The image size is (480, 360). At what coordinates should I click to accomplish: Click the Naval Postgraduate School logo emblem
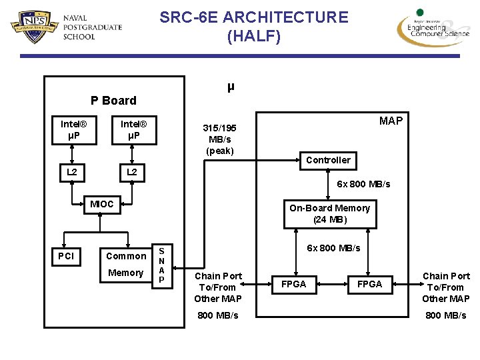pos(33,27)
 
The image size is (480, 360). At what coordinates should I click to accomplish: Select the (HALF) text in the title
pos(254,36)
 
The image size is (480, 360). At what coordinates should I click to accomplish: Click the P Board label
pos(113,101)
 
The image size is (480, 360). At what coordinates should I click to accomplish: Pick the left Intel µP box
pos(74,130)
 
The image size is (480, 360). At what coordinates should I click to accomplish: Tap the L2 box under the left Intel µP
pos(72,173)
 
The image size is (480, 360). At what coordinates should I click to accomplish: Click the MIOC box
pos(102,204)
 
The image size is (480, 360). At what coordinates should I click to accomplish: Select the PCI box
pos(66,256)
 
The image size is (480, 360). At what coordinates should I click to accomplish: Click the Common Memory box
pos(126,264)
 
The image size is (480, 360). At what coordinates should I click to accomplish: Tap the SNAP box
pos(162,265)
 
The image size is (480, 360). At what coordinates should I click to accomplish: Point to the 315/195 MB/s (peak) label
pos(219,139)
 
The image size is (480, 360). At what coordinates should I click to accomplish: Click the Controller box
pos(328,160)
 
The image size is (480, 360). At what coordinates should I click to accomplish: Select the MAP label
pos(391,121)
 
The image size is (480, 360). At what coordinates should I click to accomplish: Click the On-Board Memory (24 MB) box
pos(329,213)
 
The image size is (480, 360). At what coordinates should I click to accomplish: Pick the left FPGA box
pos(293,284)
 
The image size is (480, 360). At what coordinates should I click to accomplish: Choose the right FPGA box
pos(369,284)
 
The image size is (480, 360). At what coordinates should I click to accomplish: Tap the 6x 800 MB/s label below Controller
pos(363,184)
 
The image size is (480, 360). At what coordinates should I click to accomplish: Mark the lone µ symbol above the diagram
pos(231,87)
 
